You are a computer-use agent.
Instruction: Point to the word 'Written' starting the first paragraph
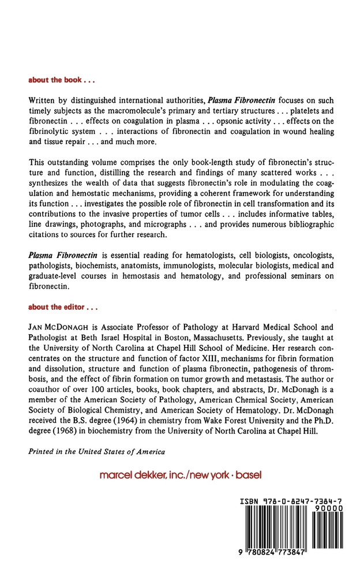(44, 101)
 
